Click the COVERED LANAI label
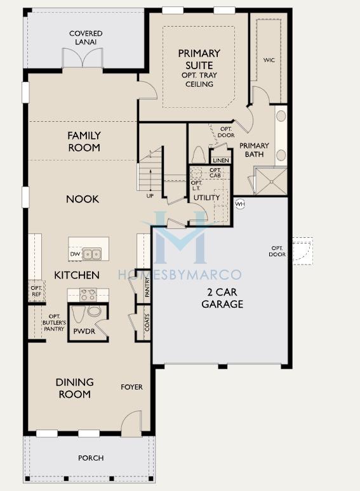(x=86, y=37)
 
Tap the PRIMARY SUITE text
(x=199, y=59)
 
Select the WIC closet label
(x=269, y=60)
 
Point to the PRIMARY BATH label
(x=254, y=150)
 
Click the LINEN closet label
(x=221, y=160)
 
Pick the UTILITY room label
(x=207, y=197)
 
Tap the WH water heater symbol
(x=240, y=204)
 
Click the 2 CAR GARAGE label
(x=222, y=299)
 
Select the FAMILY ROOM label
(x=84, y=141)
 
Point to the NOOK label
(x=83, y=199)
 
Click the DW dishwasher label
(x=76, y=254)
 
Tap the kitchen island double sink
(x=93, y=254)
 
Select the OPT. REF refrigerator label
(x=36, y=291)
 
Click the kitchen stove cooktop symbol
(x=88, y=294)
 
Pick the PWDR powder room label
(x=84, y=331)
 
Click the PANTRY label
(x=147, y=291)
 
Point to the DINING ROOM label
(x=74, y=388)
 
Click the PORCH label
(x=91, y=457)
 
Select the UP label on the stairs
(x=150, y=196)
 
